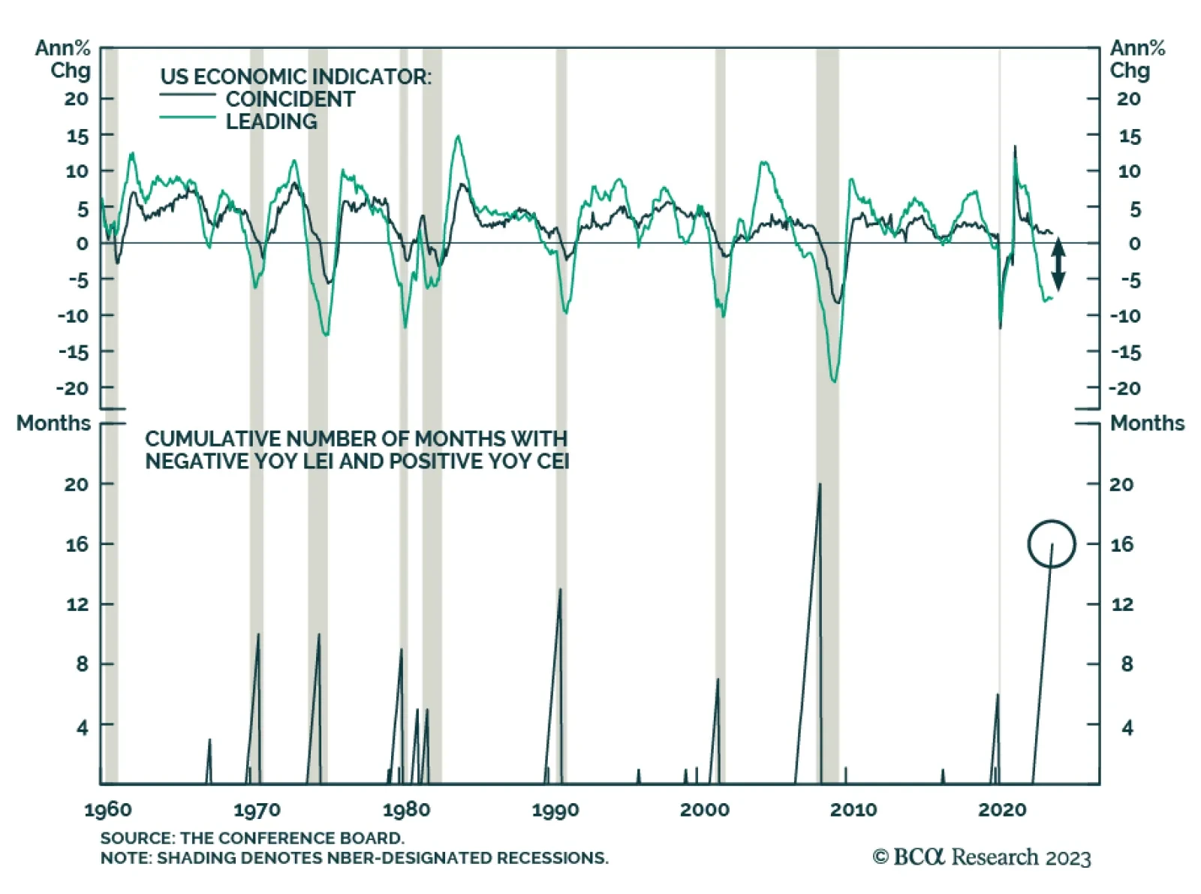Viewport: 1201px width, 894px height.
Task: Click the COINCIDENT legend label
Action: (x=290, y=99)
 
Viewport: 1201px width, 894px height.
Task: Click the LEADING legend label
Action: (x=271, y=122)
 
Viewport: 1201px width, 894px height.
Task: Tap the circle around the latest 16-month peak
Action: (x=1051, y=543)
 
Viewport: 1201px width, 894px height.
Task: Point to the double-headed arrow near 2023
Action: (x=1058, y=263)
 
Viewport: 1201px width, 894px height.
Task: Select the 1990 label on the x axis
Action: (x=555, y=810)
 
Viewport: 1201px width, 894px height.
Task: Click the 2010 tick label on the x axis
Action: (x=853, y=810)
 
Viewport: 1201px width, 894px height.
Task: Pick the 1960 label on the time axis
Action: (x=108, y=810)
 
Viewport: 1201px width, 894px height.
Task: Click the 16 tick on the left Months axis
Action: (x=77, y=544)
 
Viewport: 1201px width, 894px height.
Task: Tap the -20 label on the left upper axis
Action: (x=73, y=388)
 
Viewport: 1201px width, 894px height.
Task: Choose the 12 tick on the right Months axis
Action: (x=1122, y=604)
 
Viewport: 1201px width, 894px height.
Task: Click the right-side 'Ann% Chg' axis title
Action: (x=1136, y=59)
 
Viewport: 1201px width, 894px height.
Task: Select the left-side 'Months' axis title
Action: (x=53, y=423)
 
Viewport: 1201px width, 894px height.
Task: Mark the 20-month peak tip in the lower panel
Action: (x=820, y=484)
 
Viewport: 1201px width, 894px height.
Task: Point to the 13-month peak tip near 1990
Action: (x=560, y=590)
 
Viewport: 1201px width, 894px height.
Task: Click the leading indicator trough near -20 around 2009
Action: (x=834, y=381)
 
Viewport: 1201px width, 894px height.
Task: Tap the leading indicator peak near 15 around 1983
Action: (x=457, y=137)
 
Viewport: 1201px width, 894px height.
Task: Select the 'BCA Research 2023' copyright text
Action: (x=982, y=857)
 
